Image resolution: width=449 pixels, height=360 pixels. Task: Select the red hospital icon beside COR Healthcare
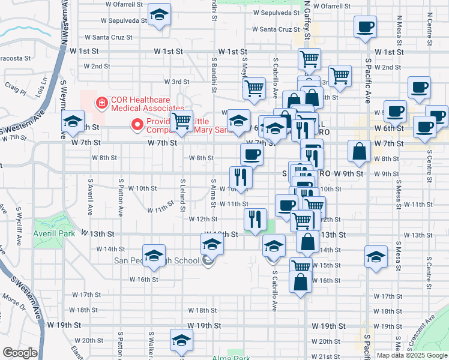(101, 103)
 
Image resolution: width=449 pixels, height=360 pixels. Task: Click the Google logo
(20, 353)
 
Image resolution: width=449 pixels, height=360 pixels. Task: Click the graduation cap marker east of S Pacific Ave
(375, 257)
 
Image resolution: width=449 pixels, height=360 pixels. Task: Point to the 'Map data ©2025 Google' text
(411, 355)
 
